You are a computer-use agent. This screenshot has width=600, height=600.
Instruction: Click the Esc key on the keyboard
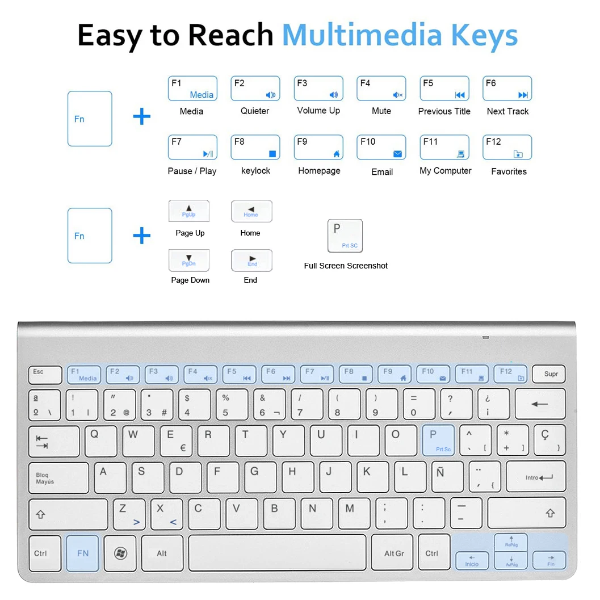[45, 375]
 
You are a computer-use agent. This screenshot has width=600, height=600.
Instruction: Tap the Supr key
[548, 374]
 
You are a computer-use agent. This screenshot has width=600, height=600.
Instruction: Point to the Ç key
[549, 440]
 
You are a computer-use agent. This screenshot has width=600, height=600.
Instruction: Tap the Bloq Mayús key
[58, 477]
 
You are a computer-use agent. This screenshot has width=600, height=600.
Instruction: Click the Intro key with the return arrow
[536, 477]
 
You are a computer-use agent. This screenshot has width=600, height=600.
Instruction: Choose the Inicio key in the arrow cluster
[472, 560]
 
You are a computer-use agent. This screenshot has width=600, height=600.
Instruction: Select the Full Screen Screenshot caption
[346, 266]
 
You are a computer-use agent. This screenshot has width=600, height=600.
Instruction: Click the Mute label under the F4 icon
[381, 111]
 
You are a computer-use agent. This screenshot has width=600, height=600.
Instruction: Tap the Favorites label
[509, 171]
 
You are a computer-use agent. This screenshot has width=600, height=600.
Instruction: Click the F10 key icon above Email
[381, 148]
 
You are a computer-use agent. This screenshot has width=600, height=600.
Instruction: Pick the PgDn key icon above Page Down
[189, 261]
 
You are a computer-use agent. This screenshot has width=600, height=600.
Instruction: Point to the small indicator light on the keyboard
[485, 337]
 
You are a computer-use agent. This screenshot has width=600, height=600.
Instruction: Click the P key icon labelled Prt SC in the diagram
[345, 236]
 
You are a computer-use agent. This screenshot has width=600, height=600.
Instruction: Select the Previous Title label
[444, 111]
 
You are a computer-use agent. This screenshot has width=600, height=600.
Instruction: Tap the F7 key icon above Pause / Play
[192, 148]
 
